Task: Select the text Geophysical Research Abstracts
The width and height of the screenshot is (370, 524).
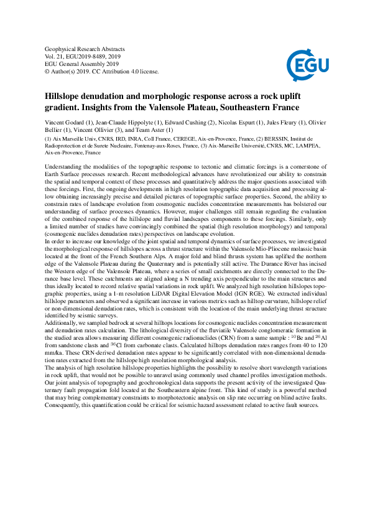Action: point(85,49)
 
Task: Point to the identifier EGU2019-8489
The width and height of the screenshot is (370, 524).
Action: point(91,56)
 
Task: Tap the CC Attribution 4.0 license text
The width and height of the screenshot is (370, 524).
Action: point(114,71)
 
